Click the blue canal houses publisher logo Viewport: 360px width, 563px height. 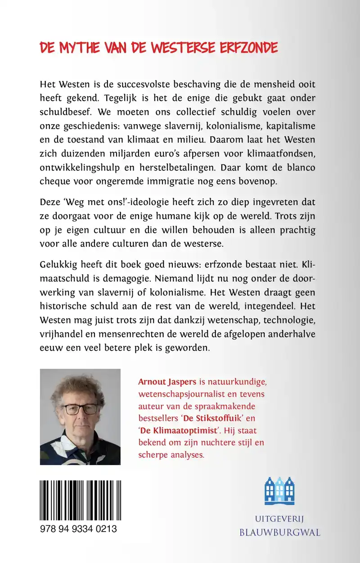[279, 492]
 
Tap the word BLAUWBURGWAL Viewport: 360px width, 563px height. [280, 533]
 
